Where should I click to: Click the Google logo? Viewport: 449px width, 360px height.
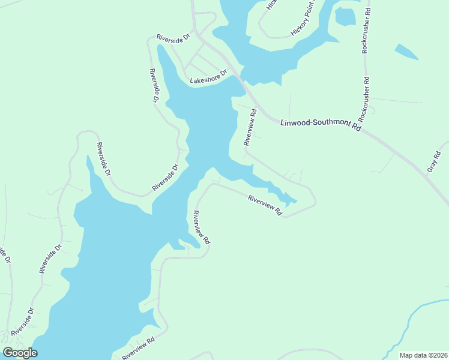coord(20,353)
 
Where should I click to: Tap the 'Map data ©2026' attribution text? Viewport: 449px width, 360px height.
coord(423,355)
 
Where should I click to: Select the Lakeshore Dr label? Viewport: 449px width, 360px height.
coord(208,77)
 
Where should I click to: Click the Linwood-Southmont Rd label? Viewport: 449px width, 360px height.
coord(321,125)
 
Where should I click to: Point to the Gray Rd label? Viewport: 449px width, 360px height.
coord(434,161)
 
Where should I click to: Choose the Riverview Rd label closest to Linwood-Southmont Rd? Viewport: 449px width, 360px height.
coord(250,127)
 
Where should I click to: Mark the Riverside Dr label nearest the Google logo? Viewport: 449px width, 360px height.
coord(22,322)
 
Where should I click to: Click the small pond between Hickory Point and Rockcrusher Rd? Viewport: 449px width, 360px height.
coord(345,17)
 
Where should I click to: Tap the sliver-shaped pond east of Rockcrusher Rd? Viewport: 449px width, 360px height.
coord(406,52)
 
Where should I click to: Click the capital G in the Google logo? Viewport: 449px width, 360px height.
coord(8,353)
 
